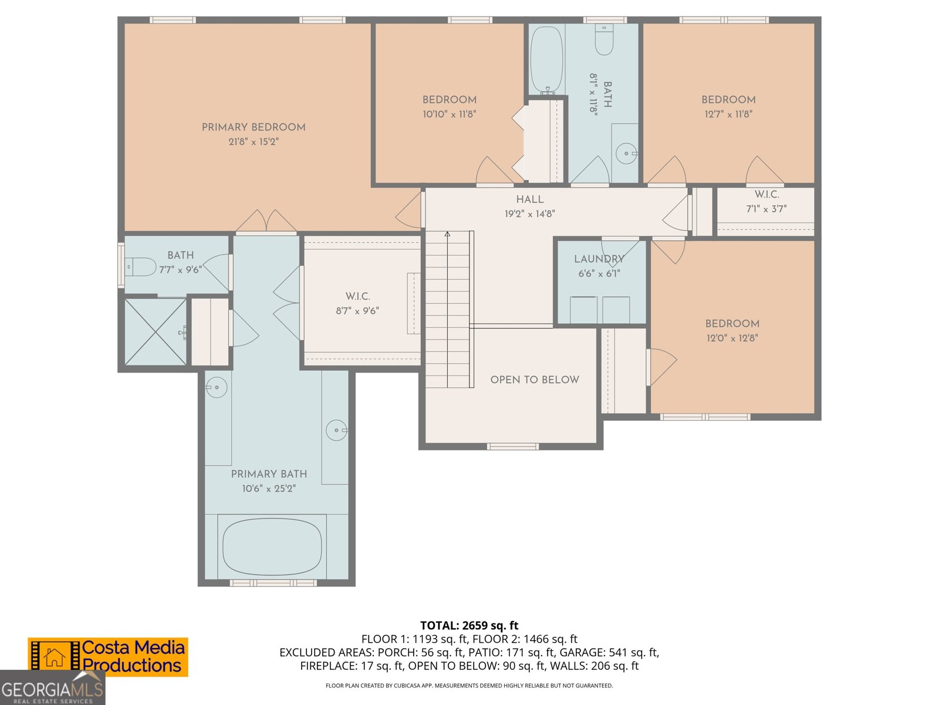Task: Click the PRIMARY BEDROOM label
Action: click(254, 127)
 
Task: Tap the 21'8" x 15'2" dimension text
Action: click(254, 142)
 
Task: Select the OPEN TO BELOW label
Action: click(535, 380)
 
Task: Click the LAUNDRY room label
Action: click(599, 258)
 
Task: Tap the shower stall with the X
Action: click(156, 332)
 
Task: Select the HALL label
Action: click(530, 199)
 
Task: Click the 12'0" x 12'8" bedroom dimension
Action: click(732, 338)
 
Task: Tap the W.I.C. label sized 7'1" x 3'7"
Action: click(766, 194)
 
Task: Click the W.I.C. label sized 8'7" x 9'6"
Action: click(357, 296)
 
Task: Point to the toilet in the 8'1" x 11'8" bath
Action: click(604, 41)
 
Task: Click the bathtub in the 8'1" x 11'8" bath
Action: click(546, 59)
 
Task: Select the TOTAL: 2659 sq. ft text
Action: click(469, 625)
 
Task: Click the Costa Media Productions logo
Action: click(108, 657)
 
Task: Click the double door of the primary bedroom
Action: click(266, 221)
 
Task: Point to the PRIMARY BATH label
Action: click(269, 474)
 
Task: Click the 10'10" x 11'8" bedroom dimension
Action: click(449, 114)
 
